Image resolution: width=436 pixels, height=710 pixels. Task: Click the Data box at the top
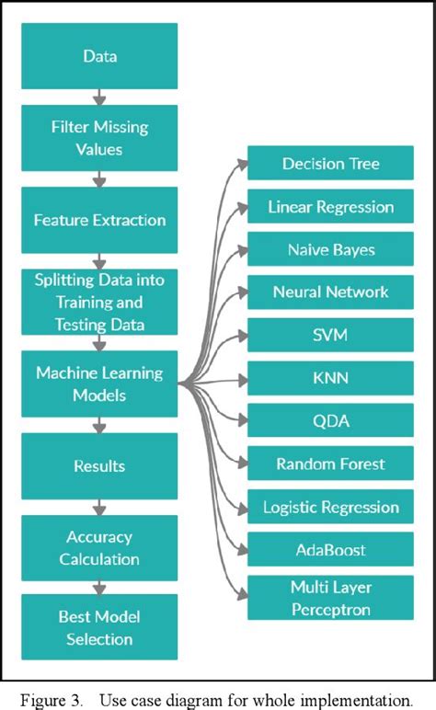tap(99, 55)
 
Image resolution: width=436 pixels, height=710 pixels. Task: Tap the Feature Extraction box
tap(99, 220)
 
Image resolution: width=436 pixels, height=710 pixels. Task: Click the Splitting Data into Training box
tap(99, 301)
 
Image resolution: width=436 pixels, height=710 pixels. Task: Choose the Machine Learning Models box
tap(99, 384)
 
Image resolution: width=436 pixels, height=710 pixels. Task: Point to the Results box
tap(99, 465)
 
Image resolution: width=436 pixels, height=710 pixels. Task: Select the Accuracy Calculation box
tap(99, 546)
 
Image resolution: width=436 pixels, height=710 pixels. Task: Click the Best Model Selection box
tap(99, 627)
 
